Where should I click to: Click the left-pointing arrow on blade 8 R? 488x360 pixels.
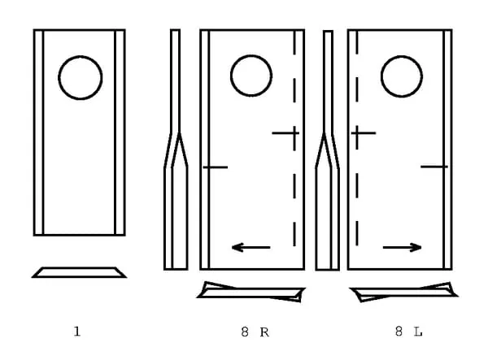click(x=251, y=248)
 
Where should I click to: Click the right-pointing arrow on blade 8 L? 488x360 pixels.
click(x=403, y=248)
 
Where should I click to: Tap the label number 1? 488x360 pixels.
click(x=77, y=332)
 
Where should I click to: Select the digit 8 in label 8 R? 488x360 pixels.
click(x=245, y=332)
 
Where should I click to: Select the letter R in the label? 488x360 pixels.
click(x=264, y=332)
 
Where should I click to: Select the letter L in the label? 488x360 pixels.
click(x=418, y=332)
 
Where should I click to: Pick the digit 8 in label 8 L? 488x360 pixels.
click(x=399, y=332)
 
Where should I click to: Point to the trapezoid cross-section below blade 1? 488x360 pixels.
click(x=79, y=272)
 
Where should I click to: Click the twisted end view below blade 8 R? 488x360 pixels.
click(x=251, y=293)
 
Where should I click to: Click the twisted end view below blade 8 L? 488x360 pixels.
click(x=404, y=293)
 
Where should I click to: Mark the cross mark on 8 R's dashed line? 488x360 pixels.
click(x=294, y=133)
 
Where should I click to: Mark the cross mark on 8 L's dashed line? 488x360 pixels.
click(x=357, y=133)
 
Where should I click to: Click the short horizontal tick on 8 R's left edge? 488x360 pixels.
click(x=216, y=167)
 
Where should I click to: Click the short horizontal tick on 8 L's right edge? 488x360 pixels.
click(x=434, y=167)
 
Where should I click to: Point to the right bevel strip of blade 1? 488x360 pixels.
click(x=120, y=132)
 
